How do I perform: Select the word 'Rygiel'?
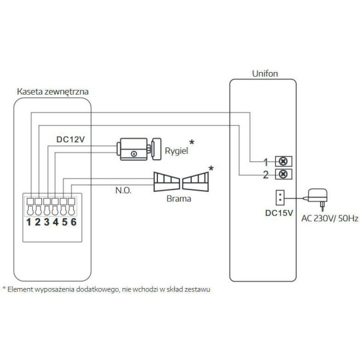pyautogui.click(x=175, y=151)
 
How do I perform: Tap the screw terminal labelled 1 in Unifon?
pyautogui.click(x=282, y=161)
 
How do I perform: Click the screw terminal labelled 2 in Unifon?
pyautogui.click(x=282, y=175)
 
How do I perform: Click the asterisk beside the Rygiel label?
pyautogui.click(x=193, y=142)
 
